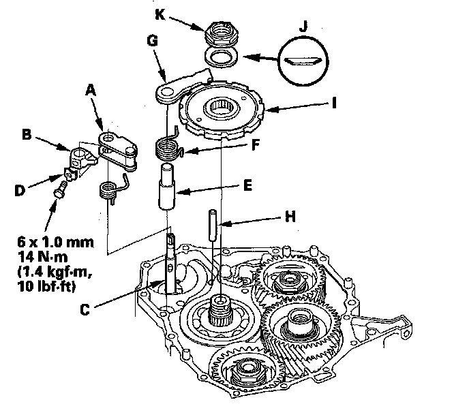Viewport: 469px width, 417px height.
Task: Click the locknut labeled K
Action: pyautogui.click(x=217, y=31)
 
